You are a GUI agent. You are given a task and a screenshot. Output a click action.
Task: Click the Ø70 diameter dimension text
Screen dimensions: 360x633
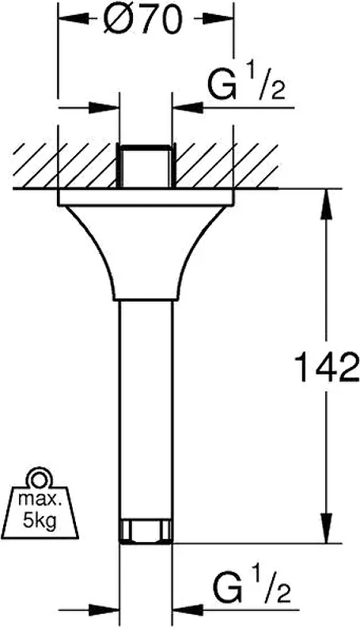pos(142,19)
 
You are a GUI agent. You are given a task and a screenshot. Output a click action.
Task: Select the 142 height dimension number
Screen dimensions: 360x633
pos(327,367)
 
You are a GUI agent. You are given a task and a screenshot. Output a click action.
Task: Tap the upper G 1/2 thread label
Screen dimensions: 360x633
pos(246,84)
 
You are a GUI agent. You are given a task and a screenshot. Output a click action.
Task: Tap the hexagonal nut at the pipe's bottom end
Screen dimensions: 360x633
pos(146,530)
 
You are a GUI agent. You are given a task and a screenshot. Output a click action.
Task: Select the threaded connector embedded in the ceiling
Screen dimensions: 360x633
pos(146,165)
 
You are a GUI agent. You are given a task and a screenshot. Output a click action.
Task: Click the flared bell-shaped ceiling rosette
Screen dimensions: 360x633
pos(146,253)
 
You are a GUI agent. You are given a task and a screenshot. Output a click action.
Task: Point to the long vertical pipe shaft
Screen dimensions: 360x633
pos(146,410)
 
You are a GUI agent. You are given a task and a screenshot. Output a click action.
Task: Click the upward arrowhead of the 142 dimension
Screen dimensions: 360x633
pos(327,204)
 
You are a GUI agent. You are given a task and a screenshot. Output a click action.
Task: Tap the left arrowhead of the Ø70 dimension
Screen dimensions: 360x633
pos(74,18)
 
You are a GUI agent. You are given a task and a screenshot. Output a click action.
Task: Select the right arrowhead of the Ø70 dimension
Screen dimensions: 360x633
pos(218,18)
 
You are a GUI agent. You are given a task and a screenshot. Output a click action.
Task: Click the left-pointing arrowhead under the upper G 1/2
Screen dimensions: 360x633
pos(188,108)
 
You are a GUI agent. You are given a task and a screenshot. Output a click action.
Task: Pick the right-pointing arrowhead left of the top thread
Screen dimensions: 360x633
pos(104,108)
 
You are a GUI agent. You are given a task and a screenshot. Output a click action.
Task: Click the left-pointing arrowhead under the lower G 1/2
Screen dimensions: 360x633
pos(188,610)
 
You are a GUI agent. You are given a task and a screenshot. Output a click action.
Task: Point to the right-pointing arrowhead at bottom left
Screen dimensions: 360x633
pos(104,610)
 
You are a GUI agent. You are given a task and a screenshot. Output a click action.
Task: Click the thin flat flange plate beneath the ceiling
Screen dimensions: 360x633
pos(146,197)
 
